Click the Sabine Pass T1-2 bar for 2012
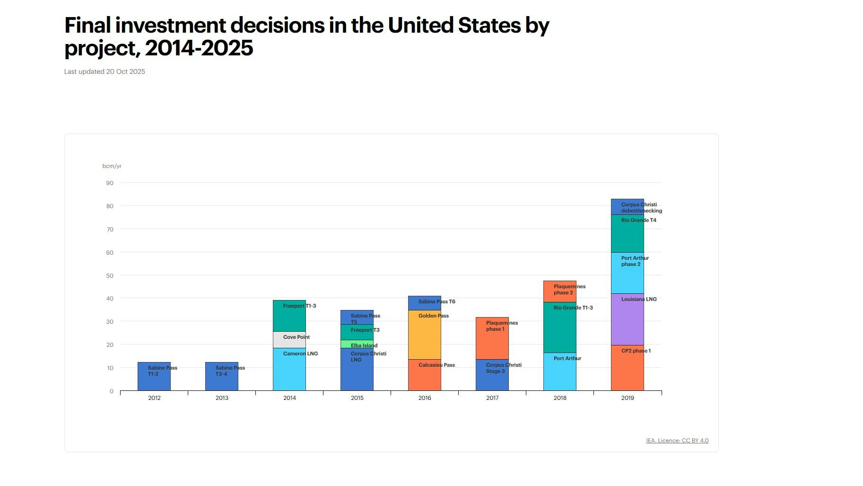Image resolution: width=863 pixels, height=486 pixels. tap(154, 377)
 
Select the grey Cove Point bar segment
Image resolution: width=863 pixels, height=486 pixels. tap(289, 340)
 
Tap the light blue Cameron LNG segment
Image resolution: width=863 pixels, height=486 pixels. tap(289, 370)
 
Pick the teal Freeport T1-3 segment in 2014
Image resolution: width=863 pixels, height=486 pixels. tap(289, 316)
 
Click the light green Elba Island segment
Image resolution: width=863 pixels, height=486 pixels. tap(357, 344)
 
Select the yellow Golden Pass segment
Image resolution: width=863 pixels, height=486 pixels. tap(425, 335)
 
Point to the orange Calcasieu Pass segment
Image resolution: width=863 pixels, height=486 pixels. tap(425, 375)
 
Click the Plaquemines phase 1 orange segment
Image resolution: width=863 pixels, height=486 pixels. tap(492, 338)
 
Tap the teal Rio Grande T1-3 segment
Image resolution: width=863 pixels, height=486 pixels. tap(560, 327)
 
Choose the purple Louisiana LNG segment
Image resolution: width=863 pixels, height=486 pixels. tap(628, 319)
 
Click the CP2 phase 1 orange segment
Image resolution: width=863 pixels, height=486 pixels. tap(628, 368)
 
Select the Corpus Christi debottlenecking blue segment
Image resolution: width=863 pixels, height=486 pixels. tap(628, 207)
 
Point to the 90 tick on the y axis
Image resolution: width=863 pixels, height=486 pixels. tap(110, 183)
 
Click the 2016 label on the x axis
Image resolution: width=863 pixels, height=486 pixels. tap(425, 398)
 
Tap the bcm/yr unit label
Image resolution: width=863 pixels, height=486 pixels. tap(112, 166)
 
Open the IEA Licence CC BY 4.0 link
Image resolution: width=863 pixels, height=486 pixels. tap(677, 441)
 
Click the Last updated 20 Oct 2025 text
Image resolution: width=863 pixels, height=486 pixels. tap(105, 71)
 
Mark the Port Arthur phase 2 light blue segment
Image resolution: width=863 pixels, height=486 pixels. tap(628, 274)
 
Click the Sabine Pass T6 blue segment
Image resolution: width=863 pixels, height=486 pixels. tap(425, 303)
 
